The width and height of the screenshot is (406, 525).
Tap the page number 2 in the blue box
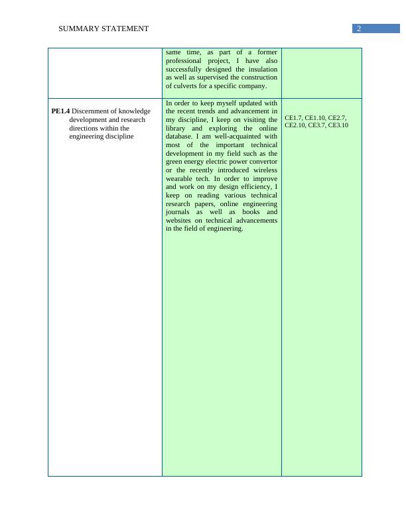(359, 29)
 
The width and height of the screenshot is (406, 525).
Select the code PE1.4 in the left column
(60, 111)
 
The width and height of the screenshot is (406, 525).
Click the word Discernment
(92, 111)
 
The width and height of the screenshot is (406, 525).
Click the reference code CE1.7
(293, 117)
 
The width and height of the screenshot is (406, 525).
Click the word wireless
(263, 170)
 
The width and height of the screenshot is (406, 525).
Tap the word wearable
(179, 179)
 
